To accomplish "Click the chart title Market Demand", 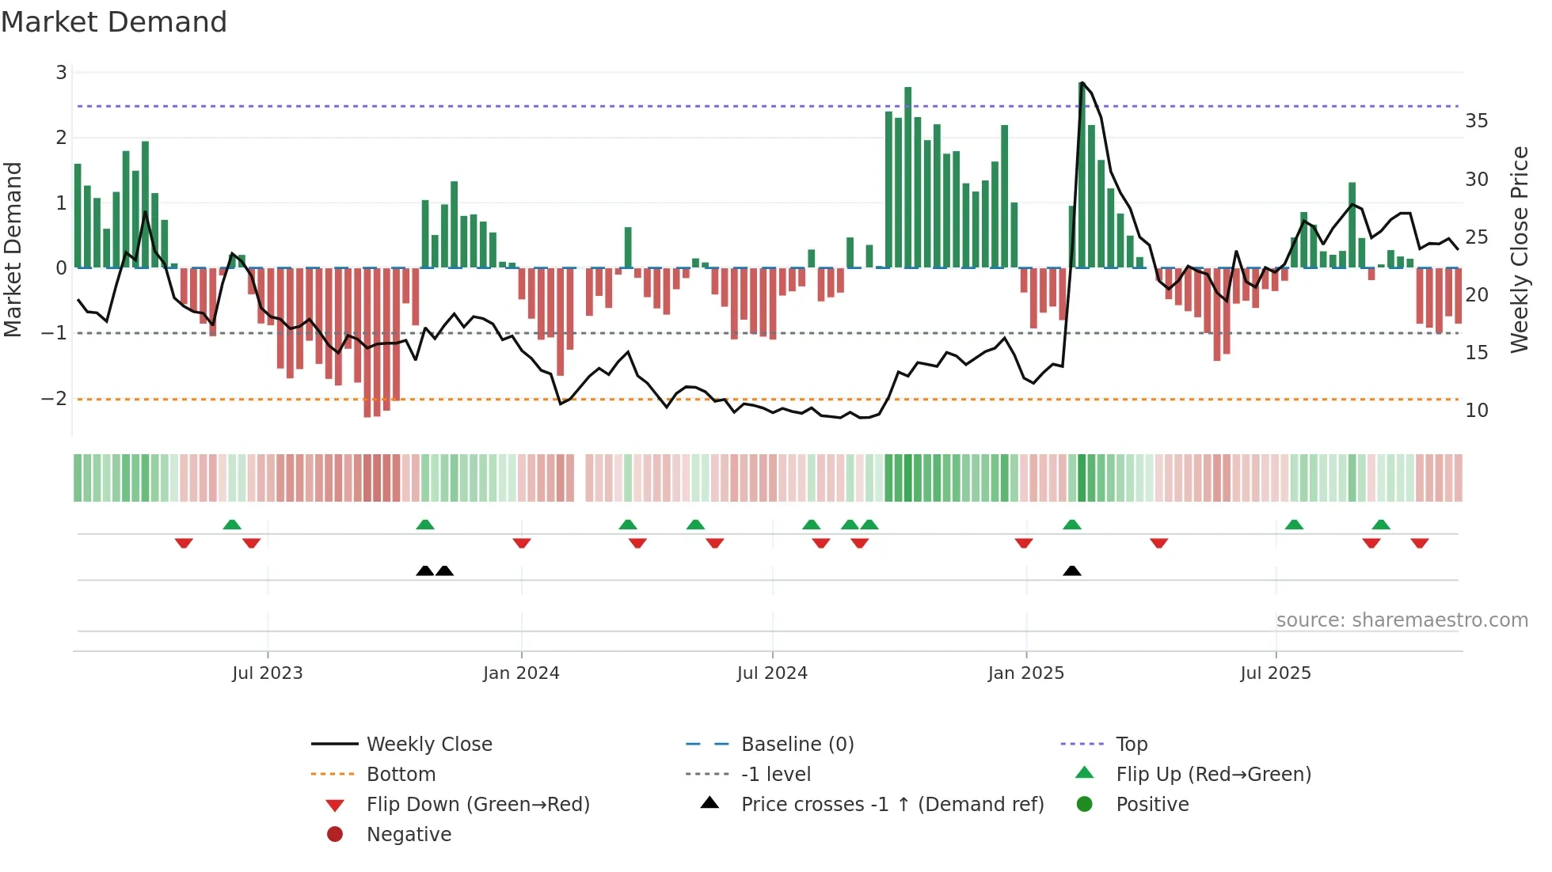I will (114, 22).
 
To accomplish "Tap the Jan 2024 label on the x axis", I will (521, 673).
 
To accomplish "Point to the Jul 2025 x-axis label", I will (1276, 673).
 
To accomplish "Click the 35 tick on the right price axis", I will (1476, 121).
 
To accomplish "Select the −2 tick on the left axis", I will (55, 398).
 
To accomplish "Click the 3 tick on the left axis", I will (61, 73).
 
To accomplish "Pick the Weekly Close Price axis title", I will (1519, 249).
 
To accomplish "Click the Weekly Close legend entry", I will (428, 745).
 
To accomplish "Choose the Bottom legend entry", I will (401, 775).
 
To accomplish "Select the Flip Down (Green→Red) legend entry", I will (477, 805).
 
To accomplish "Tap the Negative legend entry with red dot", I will (409, 835).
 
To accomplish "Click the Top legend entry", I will (1132, 745).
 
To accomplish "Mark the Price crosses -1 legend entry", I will (892, 805).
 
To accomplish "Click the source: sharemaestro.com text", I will (1402, 620).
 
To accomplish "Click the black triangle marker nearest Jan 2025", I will (1072, 571).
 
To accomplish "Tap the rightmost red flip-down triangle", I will (1419, 543).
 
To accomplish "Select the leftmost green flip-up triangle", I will (232, 525).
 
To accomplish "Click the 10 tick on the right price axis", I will (1476, 411).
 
